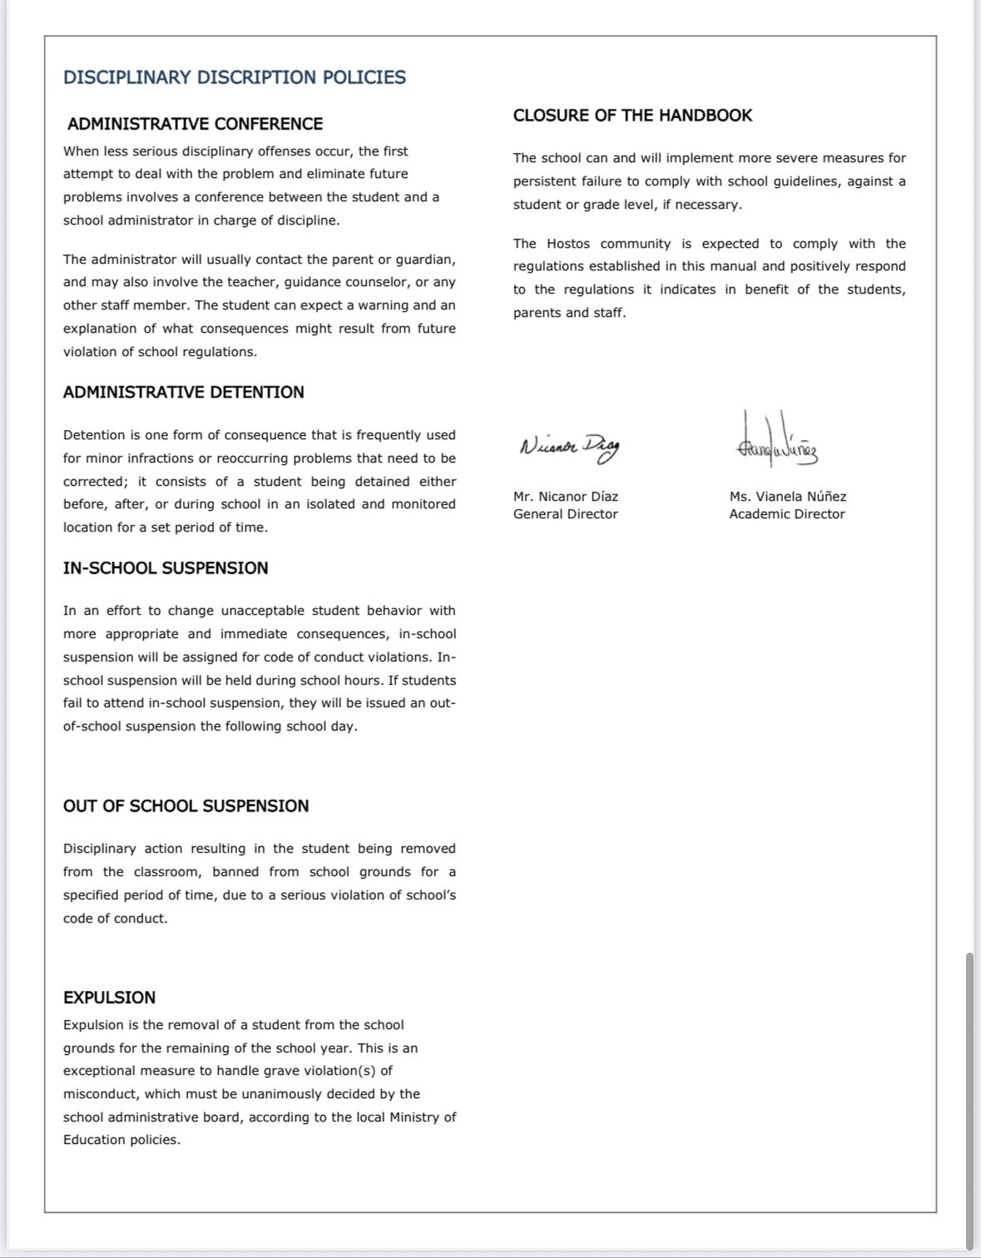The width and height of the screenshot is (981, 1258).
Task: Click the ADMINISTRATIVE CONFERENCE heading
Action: click(x=195, y=124)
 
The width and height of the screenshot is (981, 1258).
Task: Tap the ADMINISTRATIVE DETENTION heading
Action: click(x=184, y=392)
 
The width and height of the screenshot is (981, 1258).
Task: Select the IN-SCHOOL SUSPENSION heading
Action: click(x=166, y=568)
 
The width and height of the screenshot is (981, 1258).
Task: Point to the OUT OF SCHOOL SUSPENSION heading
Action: click(x=186, y=806)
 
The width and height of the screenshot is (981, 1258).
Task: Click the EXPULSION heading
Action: click(x=109, y=998)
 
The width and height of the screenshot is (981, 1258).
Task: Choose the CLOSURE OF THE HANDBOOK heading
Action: click(x=632, y=116)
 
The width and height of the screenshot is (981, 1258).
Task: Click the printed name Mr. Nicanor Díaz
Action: click(x=566, y=497)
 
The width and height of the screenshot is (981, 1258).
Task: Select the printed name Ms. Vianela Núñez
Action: click(x=788, y=497)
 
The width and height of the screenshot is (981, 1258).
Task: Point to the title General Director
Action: click(x=566, y=514)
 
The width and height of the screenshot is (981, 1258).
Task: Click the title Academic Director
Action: click(x=787, y=514)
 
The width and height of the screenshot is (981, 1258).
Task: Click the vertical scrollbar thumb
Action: click(x=969, y=1098)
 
